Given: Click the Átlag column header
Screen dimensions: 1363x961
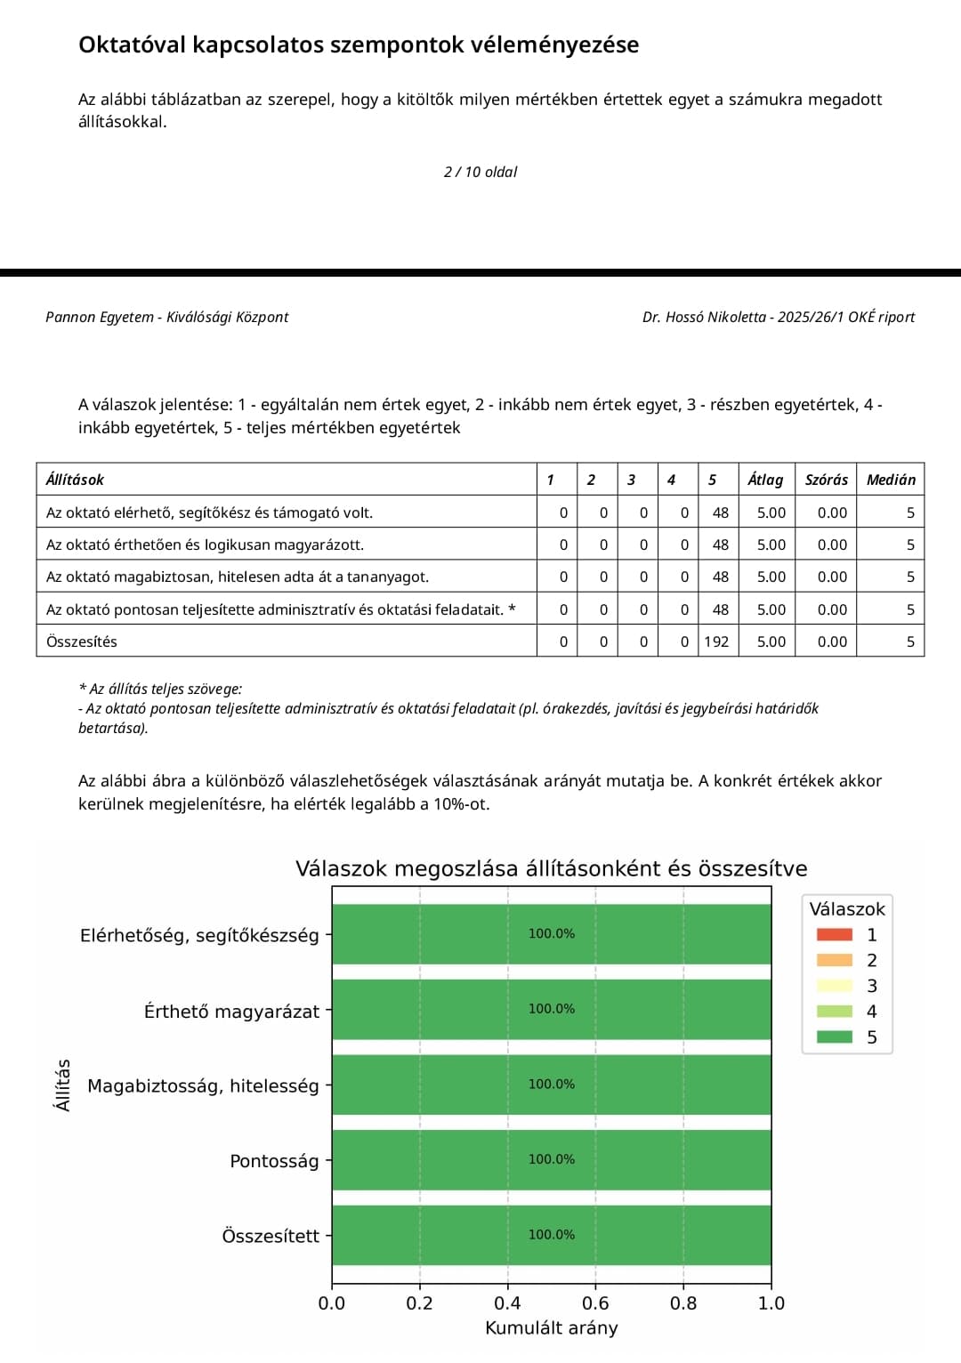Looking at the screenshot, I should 765,480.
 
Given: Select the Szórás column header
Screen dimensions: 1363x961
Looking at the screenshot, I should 826,480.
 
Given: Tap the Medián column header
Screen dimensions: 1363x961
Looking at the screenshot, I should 891,480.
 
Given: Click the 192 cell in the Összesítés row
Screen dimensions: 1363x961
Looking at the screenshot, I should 716,641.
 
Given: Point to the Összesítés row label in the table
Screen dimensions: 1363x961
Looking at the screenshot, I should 82,641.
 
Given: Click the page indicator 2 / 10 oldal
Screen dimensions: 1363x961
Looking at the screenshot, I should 480,172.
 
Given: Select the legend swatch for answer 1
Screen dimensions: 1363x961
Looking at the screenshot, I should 834,935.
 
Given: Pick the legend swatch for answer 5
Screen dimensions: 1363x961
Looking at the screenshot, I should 834,1037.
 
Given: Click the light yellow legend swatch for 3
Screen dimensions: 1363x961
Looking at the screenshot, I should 834,986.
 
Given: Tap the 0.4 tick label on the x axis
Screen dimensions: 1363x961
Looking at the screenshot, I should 507,1303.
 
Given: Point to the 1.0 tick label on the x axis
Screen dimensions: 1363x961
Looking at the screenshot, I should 771,1303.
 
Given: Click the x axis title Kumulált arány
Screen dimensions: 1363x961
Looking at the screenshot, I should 551,1328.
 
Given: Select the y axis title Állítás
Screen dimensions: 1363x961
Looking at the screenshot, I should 62,1085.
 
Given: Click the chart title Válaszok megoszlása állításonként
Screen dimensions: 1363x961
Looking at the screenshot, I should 551,868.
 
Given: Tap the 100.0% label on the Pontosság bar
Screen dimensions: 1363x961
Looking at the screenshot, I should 552,1159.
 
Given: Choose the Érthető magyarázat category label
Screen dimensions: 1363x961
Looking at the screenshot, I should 231,1012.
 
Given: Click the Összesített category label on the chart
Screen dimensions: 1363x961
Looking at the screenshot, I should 271,1236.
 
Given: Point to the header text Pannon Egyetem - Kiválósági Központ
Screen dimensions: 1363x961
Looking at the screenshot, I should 167,317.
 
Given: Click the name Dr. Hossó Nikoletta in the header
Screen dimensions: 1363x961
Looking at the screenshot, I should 704,317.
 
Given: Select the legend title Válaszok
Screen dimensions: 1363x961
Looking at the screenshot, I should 847,909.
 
